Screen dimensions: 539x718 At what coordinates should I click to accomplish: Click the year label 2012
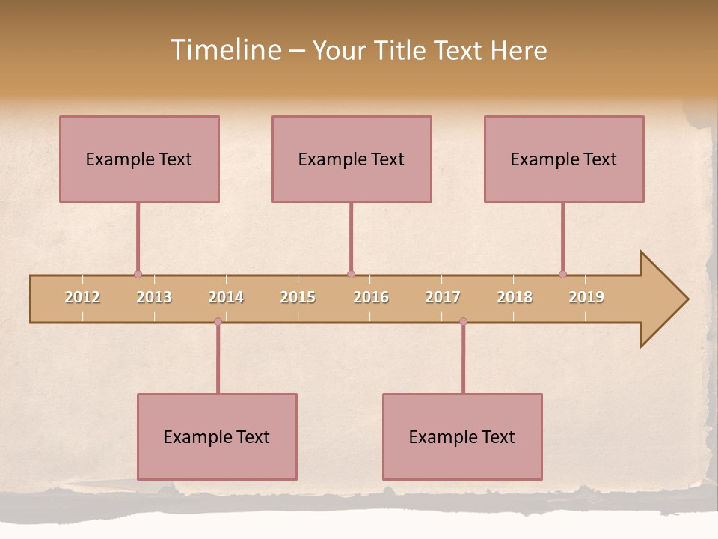82,297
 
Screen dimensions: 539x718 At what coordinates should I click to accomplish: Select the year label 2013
154,297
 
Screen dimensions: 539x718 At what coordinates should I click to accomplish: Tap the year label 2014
226,297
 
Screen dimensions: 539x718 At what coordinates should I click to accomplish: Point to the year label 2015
298,297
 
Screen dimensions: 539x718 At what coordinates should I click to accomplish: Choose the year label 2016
371,297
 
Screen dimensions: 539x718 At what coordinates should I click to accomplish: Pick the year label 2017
443,297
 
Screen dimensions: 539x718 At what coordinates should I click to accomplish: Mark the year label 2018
515,297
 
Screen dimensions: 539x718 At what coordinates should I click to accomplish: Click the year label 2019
586,297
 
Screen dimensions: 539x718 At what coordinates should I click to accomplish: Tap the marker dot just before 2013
138,275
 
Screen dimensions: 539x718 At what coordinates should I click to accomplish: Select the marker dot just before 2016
351,275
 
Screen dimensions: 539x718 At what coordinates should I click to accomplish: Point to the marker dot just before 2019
562,275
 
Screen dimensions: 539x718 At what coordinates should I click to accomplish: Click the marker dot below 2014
218,322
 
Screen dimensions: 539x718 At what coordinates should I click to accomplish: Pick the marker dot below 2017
463,322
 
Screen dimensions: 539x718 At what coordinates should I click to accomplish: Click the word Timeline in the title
224,50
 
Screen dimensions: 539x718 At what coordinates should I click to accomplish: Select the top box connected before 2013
139,159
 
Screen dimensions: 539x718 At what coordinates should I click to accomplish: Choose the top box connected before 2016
352,159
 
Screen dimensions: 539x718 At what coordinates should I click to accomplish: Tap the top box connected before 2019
564,159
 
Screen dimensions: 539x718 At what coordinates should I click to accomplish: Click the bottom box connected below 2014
217,436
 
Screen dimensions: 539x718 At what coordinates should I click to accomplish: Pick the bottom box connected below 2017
462,436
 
